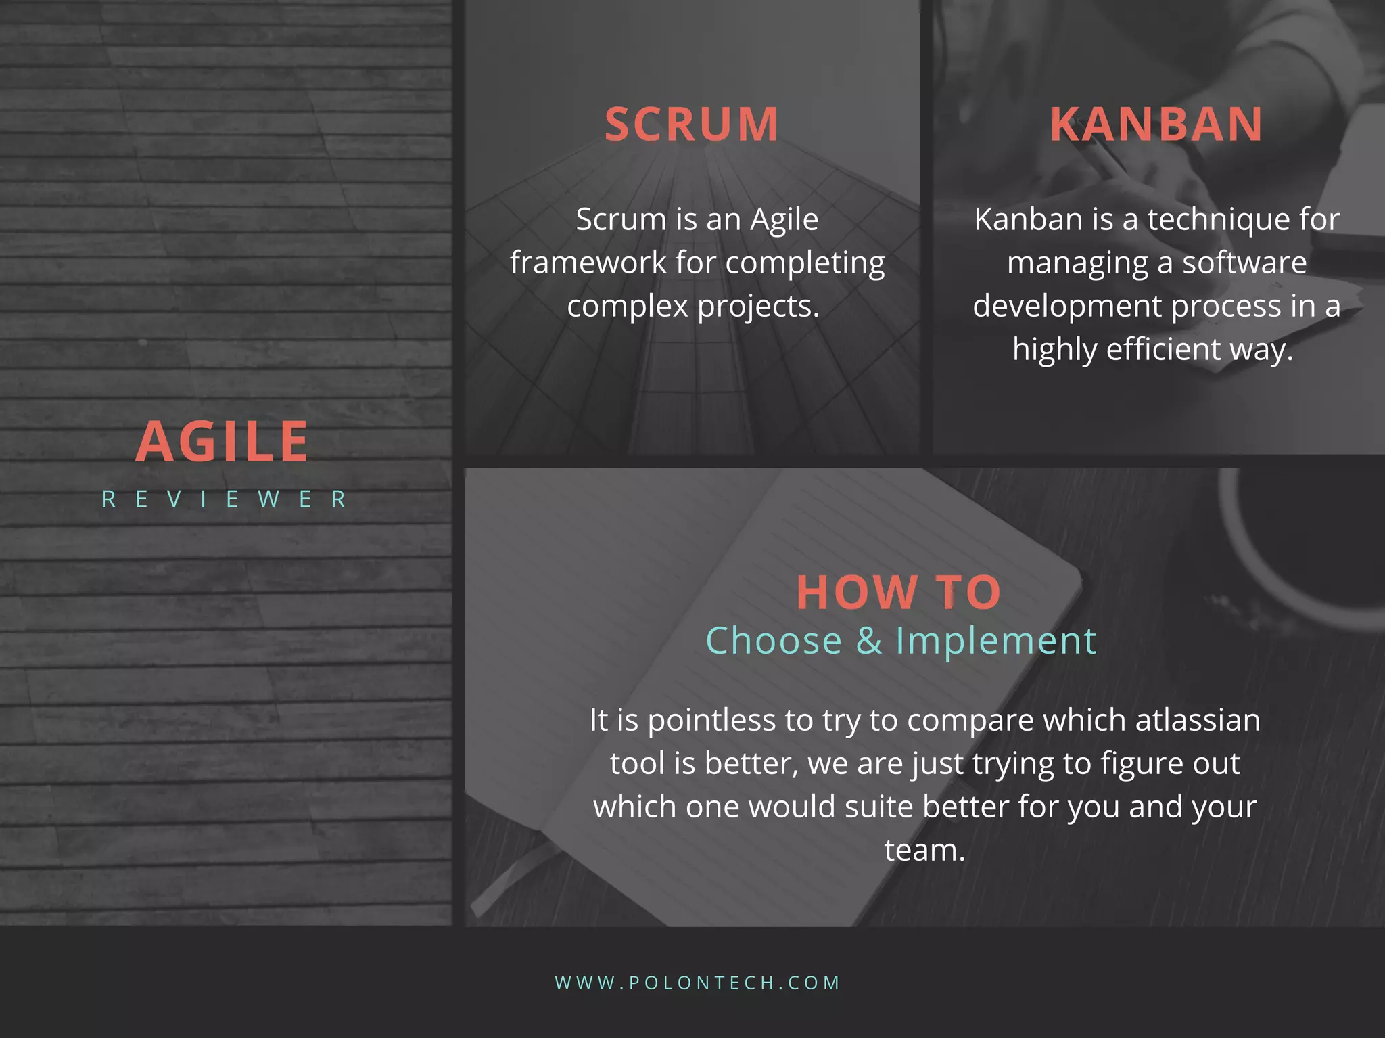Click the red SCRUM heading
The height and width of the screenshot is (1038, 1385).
(x=691, y=125)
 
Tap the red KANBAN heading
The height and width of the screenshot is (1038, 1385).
(x=1156, y=125)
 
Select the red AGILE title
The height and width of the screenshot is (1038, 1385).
(x=222, y=442)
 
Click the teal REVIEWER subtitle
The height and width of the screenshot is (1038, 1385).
(x=225, y=499)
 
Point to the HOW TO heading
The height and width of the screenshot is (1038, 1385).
(x=898, y=592)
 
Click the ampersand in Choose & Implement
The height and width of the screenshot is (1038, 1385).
(x=869, y=640)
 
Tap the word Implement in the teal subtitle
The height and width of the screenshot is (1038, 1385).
(x=995, y=640)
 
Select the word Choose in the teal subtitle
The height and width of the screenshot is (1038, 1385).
(x=774, y=640)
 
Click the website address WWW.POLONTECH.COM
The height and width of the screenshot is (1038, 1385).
(x=697, y=983)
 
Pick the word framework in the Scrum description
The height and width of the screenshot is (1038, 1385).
(x=588, y=263)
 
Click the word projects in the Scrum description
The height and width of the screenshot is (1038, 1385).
(x=758, y=307)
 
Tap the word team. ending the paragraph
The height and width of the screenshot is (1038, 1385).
(x=924, y=850)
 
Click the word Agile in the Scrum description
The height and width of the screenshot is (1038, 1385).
(x=784, y=220)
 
